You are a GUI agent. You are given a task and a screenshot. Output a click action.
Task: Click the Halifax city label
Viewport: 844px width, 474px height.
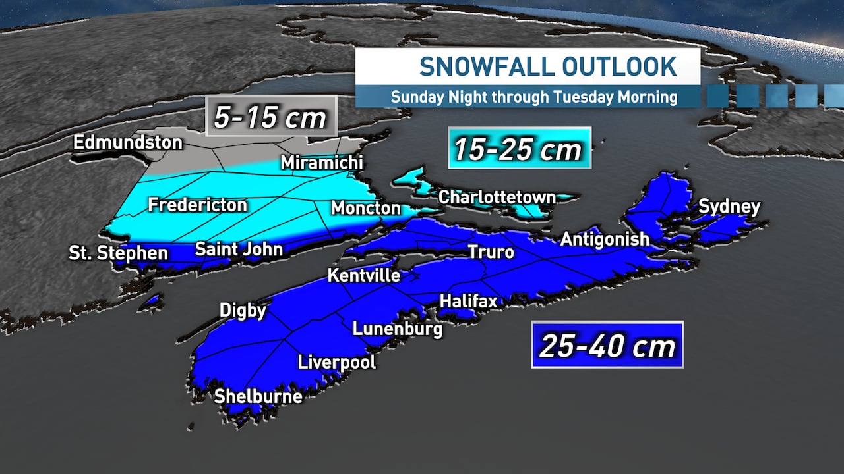click(x=468, y=301)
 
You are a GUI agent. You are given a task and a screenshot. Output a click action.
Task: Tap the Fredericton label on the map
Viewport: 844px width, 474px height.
click(x=197, y=205)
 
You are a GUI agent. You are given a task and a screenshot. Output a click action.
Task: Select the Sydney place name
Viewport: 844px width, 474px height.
click(x=729, y=206)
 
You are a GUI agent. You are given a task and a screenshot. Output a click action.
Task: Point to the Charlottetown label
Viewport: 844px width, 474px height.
click(x=497, y=197)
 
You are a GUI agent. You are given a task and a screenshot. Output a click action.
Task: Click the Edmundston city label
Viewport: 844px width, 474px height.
click(x=119, y=142)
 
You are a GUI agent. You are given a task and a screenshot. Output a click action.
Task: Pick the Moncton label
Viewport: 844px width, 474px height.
click(x=365, y=208)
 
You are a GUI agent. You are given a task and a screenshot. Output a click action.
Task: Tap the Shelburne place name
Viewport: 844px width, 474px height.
click(x=258, y=396)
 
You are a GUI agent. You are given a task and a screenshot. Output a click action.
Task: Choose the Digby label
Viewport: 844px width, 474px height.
click(x=243, y=310)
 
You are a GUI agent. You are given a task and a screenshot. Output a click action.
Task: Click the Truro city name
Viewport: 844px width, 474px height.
click(x=491, y=251)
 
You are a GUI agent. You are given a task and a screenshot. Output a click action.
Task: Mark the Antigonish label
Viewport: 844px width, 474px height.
click(x=605, y=239)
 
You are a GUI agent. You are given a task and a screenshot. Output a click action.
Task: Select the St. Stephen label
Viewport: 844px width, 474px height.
click(x=119, y=253)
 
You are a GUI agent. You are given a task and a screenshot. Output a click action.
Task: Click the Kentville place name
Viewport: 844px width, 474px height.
click(x=364, y=275)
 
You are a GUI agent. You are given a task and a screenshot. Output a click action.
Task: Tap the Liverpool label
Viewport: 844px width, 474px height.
click(x=337, y=362)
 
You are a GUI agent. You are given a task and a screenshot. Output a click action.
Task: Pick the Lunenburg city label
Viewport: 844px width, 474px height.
click(x=397, y=329)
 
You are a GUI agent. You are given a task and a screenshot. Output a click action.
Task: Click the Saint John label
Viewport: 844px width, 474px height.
click(x=239, y=250)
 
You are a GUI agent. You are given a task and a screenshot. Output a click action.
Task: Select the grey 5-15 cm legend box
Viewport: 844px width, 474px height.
click(x=271, y=117)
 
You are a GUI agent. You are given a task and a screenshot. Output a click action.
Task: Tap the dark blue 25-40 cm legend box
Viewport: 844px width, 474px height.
click(x=607, y=344)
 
